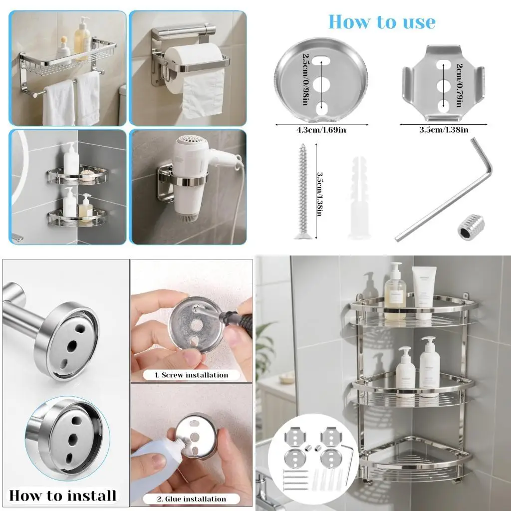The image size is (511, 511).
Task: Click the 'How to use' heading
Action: point(382,22)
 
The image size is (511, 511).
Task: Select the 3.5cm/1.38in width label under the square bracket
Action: point(444,130)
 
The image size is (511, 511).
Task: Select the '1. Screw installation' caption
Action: point(191,375)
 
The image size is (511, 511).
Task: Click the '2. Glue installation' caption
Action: point(191,499)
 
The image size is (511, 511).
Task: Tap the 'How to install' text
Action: point(63,495)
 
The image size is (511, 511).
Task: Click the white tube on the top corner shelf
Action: point(424,292)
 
